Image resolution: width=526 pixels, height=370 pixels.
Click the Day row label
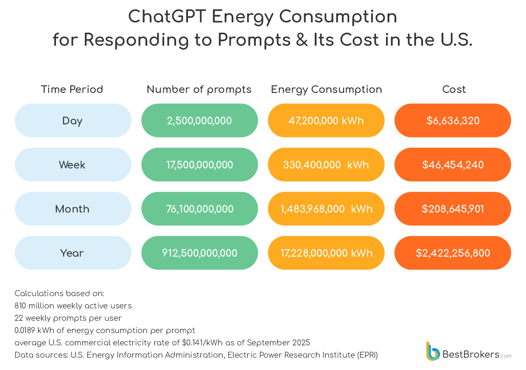point(73,121)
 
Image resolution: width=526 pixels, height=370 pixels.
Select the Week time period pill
point(73,165)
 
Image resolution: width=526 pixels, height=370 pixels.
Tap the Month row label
point(73,209)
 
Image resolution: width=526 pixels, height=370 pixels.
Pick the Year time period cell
point(73,253)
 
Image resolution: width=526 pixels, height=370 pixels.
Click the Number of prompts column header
point(199,90)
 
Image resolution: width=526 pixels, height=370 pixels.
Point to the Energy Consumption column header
point(326,90)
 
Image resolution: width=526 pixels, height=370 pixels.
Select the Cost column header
point(453,90)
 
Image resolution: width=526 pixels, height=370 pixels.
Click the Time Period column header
point(72,90)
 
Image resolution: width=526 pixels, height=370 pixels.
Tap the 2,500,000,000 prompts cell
point(199,121)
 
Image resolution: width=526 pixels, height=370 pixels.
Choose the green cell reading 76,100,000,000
point(199,209)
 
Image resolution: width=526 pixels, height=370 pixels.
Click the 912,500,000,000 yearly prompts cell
point(199,253)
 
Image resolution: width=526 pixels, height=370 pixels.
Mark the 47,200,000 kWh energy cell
point(326,121)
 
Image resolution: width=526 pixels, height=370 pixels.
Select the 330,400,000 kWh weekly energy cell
point(326,165)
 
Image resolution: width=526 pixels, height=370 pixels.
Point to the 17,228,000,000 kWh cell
point(326,253)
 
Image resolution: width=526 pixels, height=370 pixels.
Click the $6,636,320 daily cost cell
point(453,121)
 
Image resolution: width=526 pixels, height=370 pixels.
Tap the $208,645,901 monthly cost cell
point(453,209)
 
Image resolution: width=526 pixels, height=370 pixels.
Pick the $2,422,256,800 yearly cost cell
point(453,253)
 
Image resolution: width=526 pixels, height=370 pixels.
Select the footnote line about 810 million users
point(73,306)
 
